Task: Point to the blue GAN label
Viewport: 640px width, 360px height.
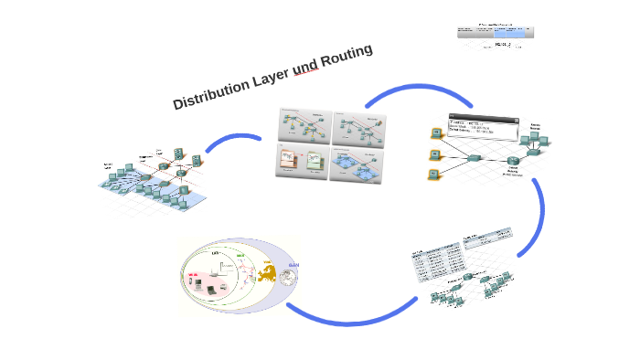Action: pyautogui.click(x=293, y=265)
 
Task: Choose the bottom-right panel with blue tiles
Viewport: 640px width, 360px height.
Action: pyautogui.click(x=359, y=162)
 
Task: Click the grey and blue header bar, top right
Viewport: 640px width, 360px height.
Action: pyautogui.click(x=495, y=32)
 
